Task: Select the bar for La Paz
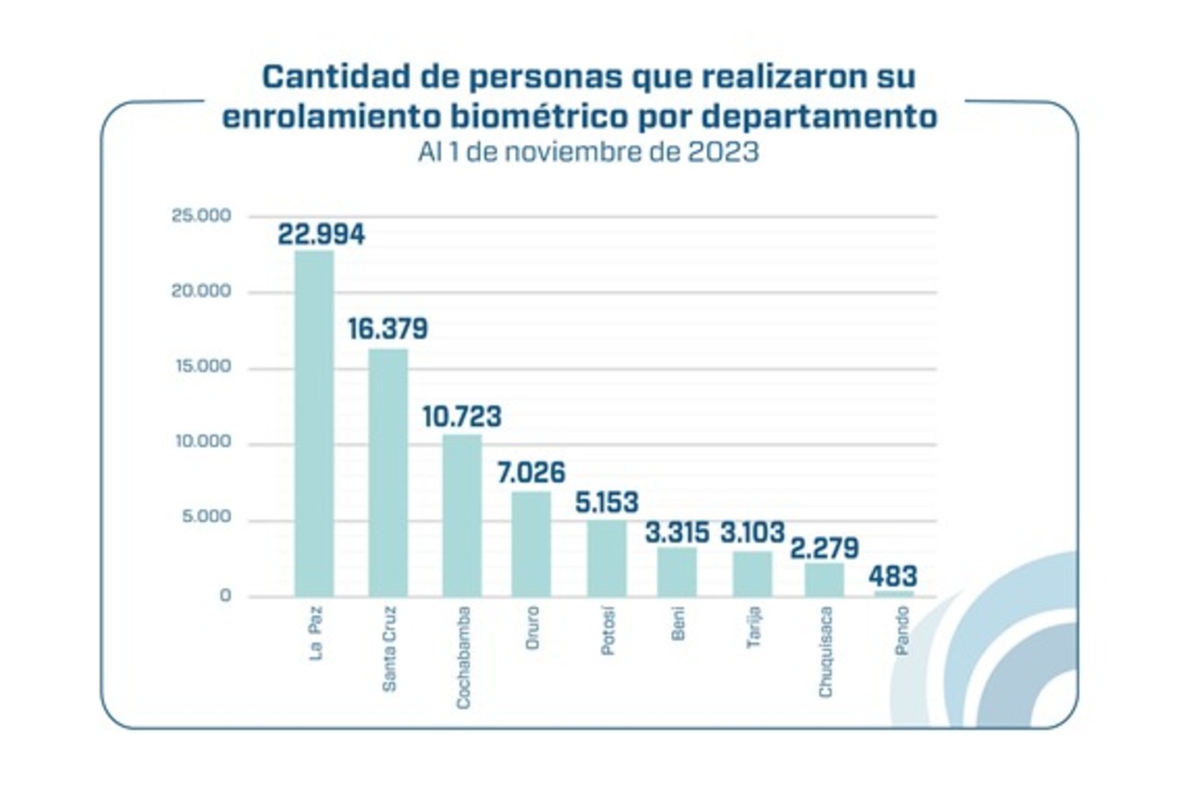pos(313,423)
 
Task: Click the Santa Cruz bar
pos(388,472)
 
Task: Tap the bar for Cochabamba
pos(462,515)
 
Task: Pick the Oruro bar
pos(531,544)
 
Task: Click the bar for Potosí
pos(607,558)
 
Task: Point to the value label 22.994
pos(321,234)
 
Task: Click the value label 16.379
pos(388,329)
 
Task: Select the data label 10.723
pos(462,416)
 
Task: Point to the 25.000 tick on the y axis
pos(200,216)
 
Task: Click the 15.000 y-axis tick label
pos(200,368)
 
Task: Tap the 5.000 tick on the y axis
pos(205,520)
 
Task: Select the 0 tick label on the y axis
pos(225,596)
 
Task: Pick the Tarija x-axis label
pos(753,628)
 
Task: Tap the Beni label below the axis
pos(679,624)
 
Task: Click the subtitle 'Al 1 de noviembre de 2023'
pos(588,153)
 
